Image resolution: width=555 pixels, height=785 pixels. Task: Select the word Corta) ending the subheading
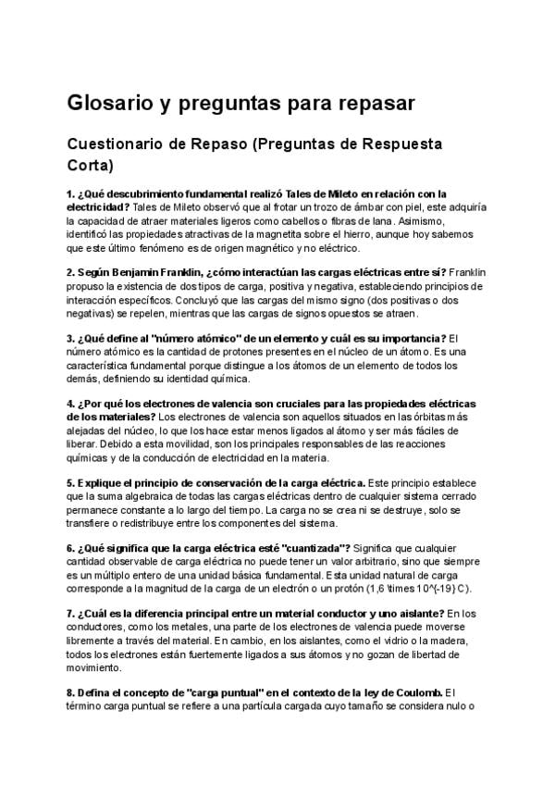click(x=90, y=167)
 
